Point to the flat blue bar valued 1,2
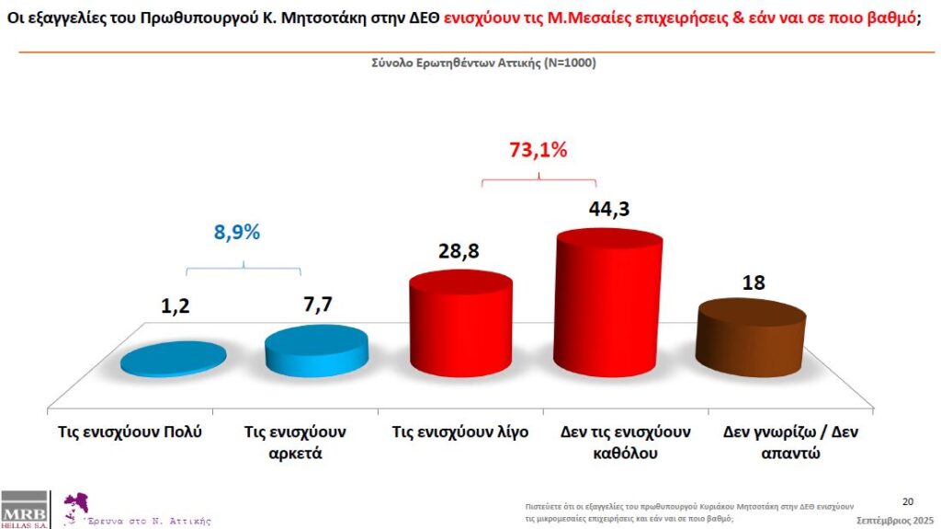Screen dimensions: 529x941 point(173,359)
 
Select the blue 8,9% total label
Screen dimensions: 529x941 point(238,232)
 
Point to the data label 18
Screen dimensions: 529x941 point(753,282)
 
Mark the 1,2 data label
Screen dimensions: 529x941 point(175,305)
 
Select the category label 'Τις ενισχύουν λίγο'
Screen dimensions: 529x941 point(459,431)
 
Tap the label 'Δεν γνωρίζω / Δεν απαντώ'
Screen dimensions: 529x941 point(789,442)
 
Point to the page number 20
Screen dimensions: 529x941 point(908,501)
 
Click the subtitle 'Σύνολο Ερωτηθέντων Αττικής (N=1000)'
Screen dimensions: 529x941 point(470,63)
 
